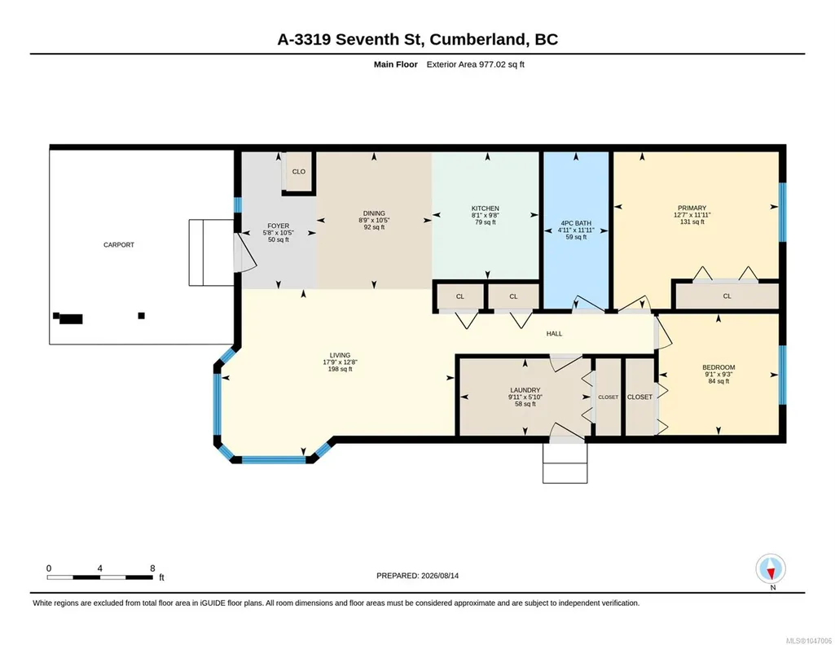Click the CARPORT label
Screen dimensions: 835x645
tap(119, 245)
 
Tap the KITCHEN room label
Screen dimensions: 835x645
tap(486, 208)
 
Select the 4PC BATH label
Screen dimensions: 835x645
tap(576, 223)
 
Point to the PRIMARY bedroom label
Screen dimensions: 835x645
tap(692, 208)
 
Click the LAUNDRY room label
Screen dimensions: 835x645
tap(525, 390)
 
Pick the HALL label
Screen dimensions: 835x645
tap(555, 334)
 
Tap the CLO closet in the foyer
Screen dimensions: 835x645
tap(299, 171)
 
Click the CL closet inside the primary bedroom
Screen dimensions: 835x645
tap(727, 296)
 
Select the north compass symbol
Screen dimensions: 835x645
tap(770, 569)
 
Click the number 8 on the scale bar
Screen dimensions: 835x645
tap(152, 568)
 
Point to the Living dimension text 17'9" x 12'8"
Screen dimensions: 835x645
tap(340, 362)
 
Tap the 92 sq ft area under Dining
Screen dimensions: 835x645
tap(374, 227)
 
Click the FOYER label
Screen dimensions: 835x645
tap(278, 226)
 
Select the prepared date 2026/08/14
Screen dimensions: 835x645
tap(440, 576)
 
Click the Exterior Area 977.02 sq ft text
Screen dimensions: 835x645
tap(476, 64)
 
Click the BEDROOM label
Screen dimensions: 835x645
tap(719, 367)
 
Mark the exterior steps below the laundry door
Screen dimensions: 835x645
tap(565, 463)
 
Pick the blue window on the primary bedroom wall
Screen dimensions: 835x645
tap(782, 213)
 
